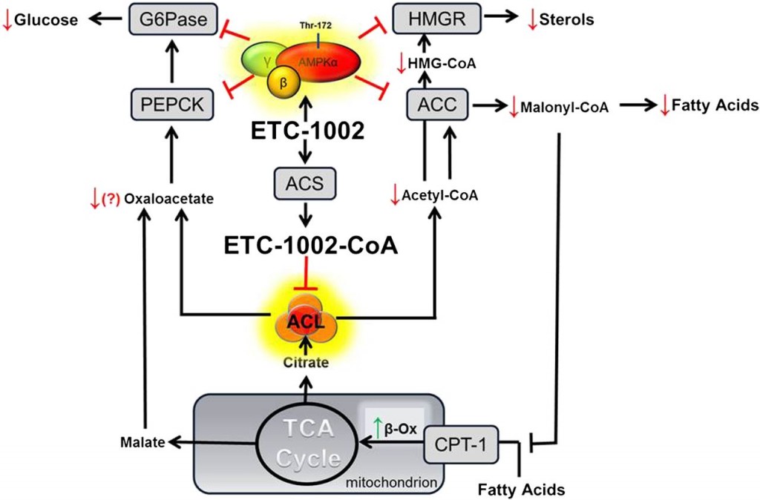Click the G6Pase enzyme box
tap(173, 19)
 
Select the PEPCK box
tap(172, 104)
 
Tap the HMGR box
tap(437, 19)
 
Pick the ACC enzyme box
tap(437, 104)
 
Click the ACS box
tap(304, 184)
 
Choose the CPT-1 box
tap(461, 444)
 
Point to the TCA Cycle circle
tap(307, 444)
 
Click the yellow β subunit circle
tap(283, 82)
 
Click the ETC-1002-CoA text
tap(311, 246)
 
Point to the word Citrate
tap(306, 363)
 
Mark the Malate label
tap(142, 442)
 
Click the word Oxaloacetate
tap(168, 199)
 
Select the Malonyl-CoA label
tap(564, 107)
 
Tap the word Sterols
tap(566, 19)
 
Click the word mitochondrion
tap(391, 482)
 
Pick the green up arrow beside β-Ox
tap(378, 428)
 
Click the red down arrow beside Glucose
tap(7, 20)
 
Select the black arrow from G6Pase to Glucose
tap(105, 19)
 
